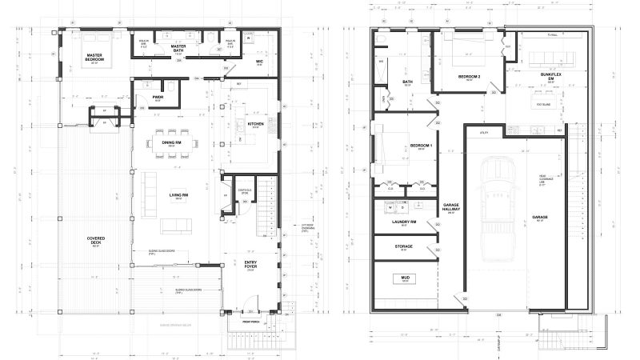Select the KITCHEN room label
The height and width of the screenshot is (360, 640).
[255, 124]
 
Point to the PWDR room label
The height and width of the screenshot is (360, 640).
[158, 98]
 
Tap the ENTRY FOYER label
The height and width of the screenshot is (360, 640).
[250, 264]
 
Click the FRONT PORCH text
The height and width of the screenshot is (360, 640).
[253, 322]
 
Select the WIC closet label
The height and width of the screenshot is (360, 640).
[260, 60]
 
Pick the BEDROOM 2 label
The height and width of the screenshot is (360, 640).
[469, 76]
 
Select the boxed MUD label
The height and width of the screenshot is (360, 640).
[405, 278]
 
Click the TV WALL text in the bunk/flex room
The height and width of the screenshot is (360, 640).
[551, 35]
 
